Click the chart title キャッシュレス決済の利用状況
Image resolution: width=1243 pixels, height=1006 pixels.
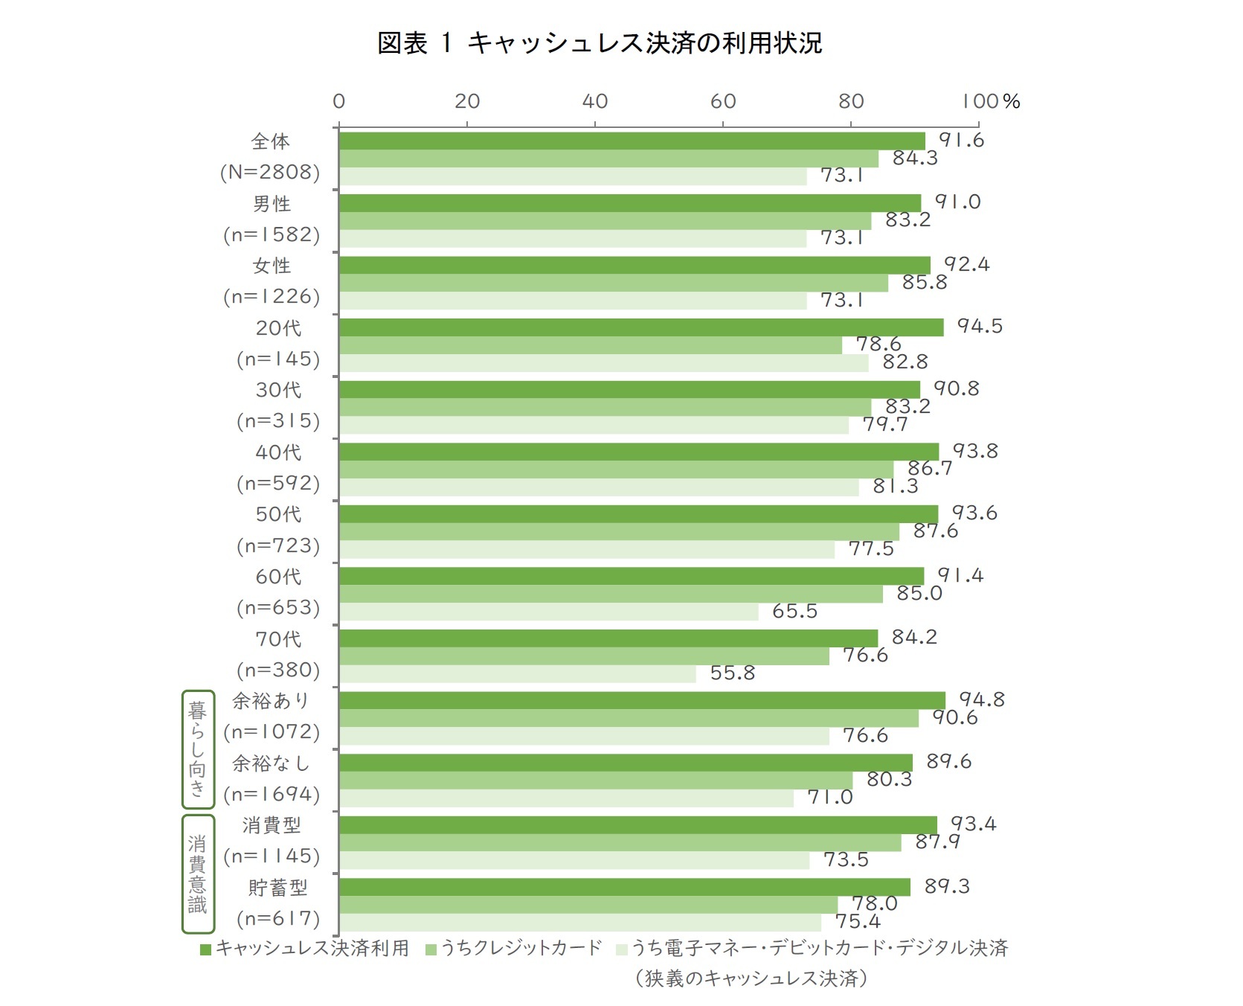tap(600, 43)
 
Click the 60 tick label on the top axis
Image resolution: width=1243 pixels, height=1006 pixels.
tap(723, 101)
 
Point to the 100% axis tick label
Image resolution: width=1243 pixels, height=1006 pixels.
tap(990, 101)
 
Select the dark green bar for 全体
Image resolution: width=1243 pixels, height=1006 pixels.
tap(632, 141)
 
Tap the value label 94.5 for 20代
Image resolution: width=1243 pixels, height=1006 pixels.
tap(980, 326)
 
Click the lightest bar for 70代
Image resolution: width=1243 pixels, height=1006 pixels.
tap(517, 674)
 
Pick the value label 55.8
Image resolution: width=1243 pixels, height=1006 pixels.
tap(732, 673)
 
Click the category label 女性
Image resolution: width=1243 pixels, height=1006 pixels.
tap(272, 266)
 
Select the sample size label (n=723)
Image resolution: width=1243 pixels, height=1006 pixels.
tap(277, 545)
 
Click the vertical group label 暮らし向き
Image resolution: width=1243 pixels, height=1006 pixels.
tap(197, 749)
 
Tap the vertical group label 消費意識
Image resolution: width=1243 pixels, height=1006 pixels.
tap(197, 874)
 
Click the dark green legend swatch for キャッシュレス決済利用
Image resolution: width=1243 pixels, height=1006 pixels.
tap(206, 949)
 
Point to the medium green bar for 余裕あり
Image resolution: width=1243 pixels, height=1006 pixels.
tap(629, 718)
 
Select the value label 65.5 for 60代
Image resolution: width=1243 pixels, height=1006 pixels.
tap(794, 611)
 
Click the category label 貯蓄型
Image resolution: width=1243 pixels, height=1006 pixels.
tap(277, 888)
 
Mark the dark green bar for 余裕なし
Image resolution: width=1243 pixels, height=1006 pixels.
tap(625, 763)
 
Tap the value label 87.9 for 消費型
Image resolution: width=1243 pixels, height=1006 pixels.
tap(937, 842)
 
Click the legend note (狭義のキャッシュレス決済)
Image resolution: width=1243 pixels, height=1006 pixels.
tap(751, 978)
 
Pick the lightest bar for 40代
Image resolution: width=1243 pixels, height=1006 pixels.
tap(599, 487)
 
